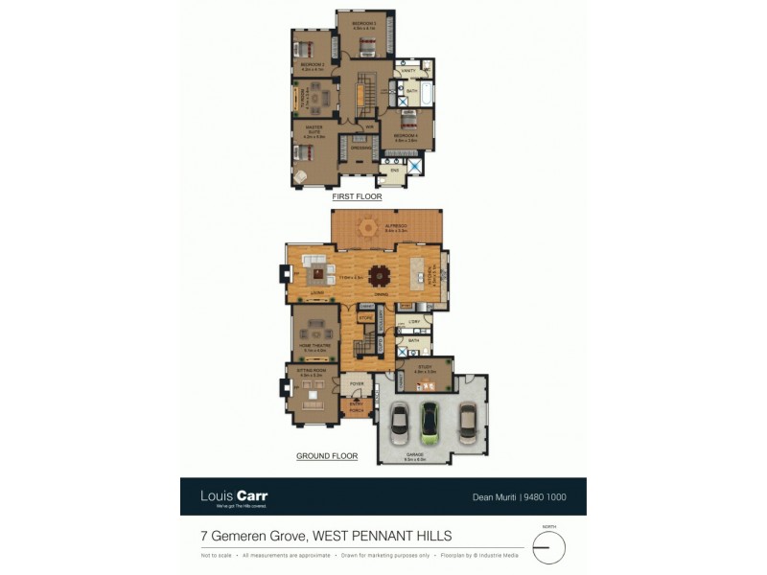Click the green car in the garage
pyautogui.click(x=430, y=423)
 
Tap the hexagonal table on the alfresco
pyautogui.click(x=368, y=227)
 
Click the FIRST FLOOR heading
pyautogui.click(x=357, y=196)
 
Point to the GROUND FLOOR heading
pyautogui.click(x=327, y=457)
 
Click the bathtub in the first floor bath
pyautogui.click(x=428, y=95)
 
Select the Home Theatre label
pyautogui.click(x=314, y=346)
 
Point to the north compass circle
pyautogui.click(x=548, y=548)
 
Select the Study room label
pyautogui.click(x=425, y=368)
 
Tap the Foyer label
pyautogui.click(x=356, y=382)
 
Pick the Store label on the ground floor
pyautogui.click(x=364, y=316)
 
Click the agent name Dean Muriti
pyautogui.click(x=496, y=496)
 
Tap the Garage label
pyautogui.click(x=414, y=456)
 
